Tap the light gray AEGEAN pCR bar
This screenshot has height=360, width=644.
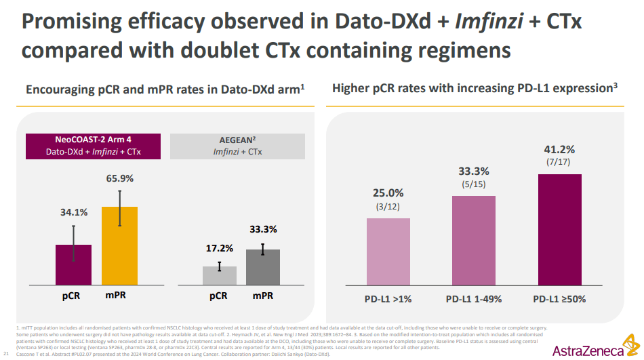219,275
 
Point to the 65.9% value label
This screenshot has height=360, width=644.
119,179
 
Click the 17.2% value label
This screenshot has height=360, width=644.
219,248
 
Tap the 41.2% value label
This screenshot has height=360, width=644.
560,149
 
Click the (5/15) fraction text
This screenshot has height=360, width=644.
473,184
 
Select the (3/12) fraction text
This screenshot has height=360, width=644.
388,206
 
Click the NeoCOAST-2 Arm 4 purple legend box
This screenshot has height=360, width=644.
93,145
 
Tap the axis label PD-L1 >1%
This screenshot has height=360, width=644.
388,298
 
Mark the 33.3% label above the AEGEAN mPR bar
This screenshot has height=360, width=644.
262,229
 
